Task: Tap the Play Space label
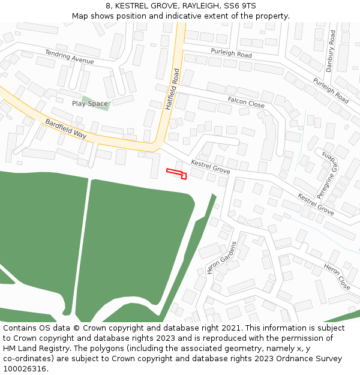pyautogui.click(x=90, y=104)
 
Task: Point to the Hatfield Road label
pyautogui.click(x=173, y=89)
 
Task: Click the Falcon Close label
pyautogui.click(x=246, y=102)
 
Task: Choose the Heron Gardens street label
pyautogui.click(x=222, y=258)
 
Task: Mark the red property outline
pyautogui.click(x=177, y=173)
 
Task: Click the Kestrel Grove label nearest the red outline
pyautogui.click(x=210, y=167)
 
